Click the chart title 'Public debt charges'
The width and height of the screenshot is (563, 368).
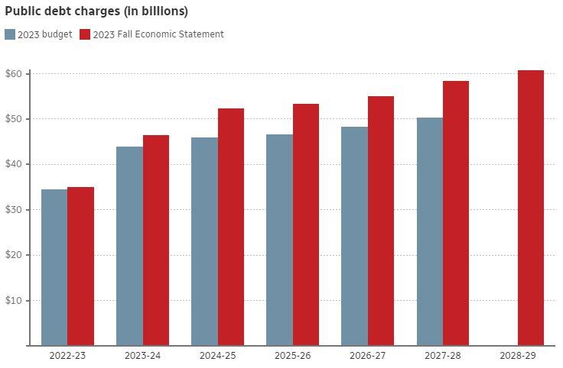coord(96,11)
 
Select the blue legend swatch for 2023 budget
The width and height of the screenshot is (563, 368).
coord(10,34)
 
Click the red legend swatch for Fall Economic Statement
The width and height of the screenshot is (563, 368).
coord(85,34)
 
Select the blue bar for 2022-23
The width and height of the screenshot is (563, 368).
coord(54,267)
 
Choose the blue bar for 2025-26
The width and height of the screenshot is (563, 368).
coord(279,240)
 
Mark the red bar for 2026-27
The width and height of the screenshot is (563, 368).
coord(381,221)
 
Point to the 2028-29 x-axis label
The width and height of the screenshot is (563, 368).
coord(518,356)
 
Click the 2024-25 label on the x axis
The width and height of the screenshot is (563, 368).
coord(218,356)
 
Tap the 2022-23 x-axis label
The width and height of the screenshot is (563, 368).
coord(68,356)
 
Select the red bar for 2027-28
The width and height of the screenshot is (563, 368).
coord(456,213)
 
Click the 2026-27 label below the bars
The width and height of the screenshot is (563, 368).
coord(368,356)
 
